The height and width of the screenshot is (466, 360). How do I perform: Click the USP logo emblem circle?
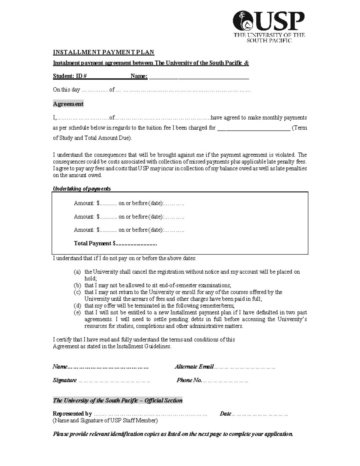pyautogui.click(x=244, y=21)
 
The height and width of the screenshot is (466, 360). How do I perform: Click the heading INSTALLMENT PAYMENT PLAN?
pyautogui.click(x=103, y=52)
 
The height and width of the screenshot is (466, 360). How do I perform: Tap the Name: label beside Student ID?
pyautogui.click(x=139, y=76)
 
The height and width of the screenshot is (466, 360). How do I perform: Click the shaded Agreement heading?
pyautogui.click(x=68, y=104)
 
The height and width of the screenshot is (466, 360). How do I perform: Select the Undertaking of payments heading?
pyautogui.click(x=82, y=189)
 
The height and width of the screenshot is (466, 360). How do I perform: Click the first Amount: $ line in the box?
pyautogui.click(x=129, y=203)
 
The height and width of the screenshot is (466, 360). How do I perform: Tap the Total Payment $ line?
pyautogui.click(x=115, y=243)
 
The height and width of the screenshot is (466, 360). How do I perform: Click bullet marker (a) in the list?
pyautogui.click(x=77, y=272)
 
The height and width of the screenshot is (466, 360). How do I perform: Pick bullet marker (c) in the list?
pyautogui.click(x=77, y=292)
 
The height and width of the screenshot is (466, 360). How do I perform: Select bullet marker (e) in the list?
pyautogui.click(x=77, y=313)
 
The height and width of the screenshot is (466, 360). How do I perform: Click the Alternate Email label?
pyautogui.click(x=194, y=367)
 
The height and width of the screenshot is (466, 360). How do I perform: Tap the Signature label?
pyautogui.click(x=65, y=380)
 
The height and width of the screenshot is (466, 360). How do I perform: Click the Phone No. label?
pyautogui.click(x=189, y=380)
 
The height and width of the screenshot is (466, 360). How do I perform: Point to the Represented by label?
pyautogui.click(x=72, y=414)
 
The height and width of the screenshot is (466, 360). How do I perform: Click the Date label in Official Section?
pyautogui.click(x=225, y=414)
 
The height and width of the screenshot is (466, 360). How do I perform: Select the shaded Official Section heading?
pyautogui.click(x=118, y=400)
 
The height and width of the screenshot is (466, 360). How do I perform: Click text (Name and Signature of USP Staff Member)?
pyautogui.click(x=105, y=420)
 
